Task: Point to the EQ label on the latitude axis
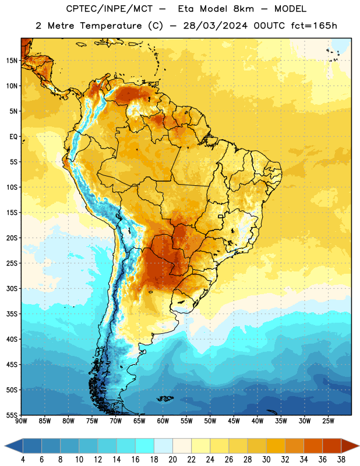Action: [x=13, y=137]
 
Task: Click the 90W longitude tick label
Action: [x=21, y=421]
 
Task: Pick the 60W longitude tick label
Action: [x=163, y=421]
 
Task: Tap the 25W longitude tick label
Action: [x=328, y=421]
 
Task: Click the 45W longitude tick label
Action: [x=234, y=421]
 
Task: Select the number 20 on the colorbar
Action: [x=172, y=460]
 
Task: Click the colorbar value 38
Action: [x=341, y=460]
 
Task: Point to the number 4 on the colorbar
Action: [x=23, y=460]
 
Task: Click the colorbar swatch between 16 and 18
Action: [x=145, y=446]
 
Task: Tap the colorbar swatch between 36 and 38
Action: [x=332, y=446]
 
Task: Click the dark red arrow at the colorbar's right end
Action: [x=350, y=446]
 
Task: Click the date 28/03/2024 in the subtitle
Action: [x=216, y=26]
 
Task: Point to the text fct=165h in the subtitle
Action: [x=314, y=26]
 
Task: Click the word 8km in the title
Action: [x=243, y=9]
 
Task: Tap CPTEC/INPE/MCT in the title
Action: [x=110, y=9]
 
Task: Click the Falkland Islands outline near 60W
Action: [x=165, y=398]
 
